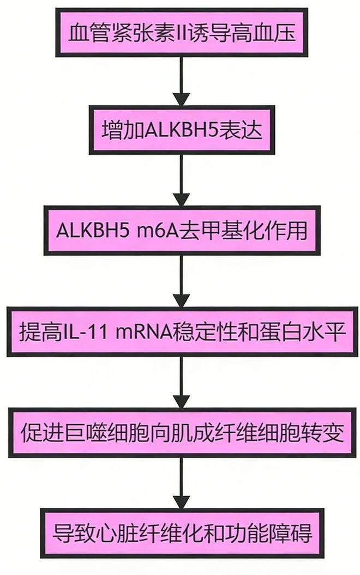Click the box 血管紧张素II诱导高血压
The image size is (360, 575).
click(182, 33)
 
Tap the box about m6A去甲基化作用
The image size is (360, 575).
click(182, 230)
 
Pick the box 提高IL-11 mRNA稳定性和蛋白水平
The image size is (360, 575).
click(182, 331)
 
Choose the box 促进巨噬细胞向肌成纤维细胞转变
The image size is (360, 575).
click(182, 432)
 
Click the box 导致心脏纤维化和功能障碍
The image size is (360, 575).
click(182, 532)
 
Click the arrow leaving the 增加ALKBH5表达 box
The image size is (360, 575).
click(181, 180)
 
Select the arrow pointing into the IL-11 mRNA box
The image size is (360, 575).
click(181, 281)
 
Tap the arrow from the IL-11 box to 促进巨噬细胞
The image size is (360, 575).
click(181, 382)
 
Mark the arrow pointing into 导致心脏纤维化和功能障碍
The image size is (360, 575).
click(181, 482)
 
